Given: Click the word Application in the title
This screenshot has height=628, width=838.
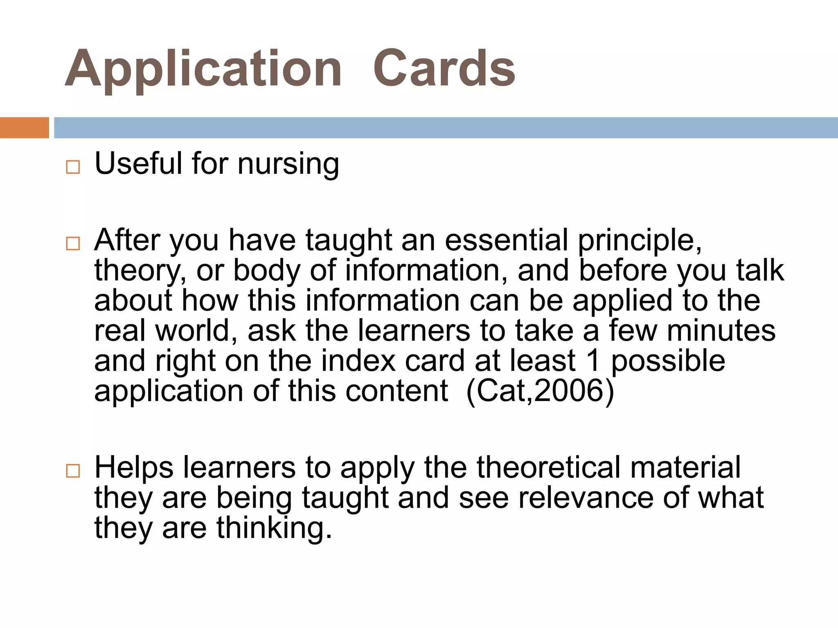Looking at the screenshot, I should pos(203,70).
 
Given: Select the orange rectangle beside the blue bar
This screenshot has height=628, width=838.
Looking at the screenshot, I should pos(24,128).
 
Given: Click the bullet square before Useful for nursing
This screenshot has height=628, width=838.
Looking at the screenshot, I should pos(73,167).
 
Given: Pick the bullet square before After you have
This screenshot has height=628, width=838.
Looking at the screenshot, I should pos(73,244).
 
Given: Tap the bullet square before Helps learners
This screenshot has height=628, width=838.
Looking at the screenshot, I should pos(73,471).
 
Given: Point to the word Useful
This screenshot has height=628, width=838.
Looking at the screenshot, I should pos(138,164).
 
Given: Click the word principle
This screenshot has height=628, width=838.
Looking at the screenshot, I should pos(640,241).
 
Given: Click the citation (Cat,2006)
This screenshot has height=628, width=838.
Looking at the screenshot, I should pos(540,391).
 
